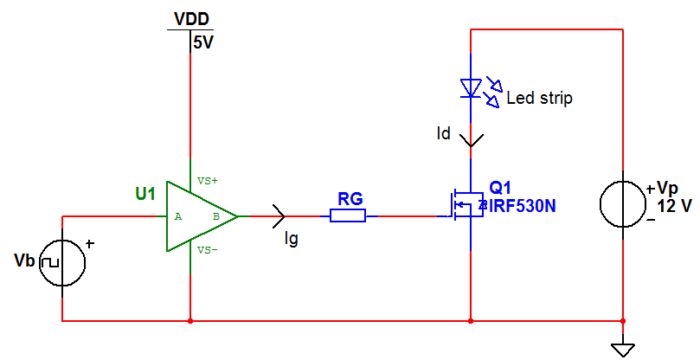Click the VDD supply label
(191, 19)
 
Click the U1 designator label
(145, 194)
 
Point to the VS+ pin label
(208, 181)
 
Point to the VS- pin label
(208, 250)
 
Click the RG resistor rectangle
(348, 216)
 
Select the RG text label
(350, 199)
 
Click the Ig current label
(291, 237)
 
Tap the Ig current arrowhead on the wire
(279, 215)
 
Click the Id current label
(443, 134)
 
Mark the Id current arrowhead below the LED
(470, 138)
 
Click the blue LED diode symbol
(470, 87)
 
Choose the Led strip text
(539, 99)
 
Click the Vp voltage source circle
(624, 205)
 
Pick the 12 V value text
(675, 206)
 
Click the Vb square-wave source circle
(62, 260)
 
